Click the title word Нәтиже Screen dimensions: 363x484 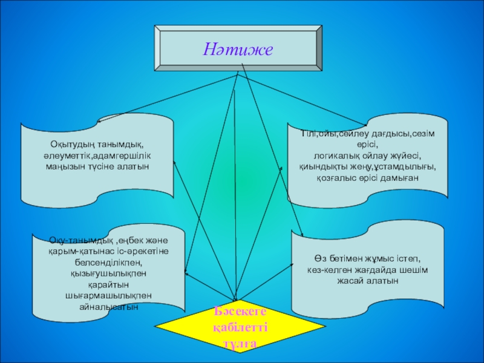pyautogui.click(x=238, y=48)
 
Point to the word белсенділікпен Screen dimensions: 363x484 pyautogui.click(x=108, y=263)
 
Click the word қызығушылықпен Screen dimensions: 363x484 pyautogui.click(x=108, y=273)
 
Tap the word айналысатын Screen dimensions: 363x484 pyautogui.click(x=108, y=307)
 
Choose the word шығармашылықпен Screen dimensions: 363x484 pyautogui.click(x=108, y=296)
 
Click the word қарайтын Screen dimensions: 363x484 pyautogui.click(x=108, y=285)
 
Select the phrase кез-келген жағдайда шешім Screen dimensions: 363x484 pyautogui.click(x=367, y=270)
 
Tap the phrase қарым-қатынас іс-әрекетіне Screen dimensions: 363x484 pyautogui.click(x=108, y=252)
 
